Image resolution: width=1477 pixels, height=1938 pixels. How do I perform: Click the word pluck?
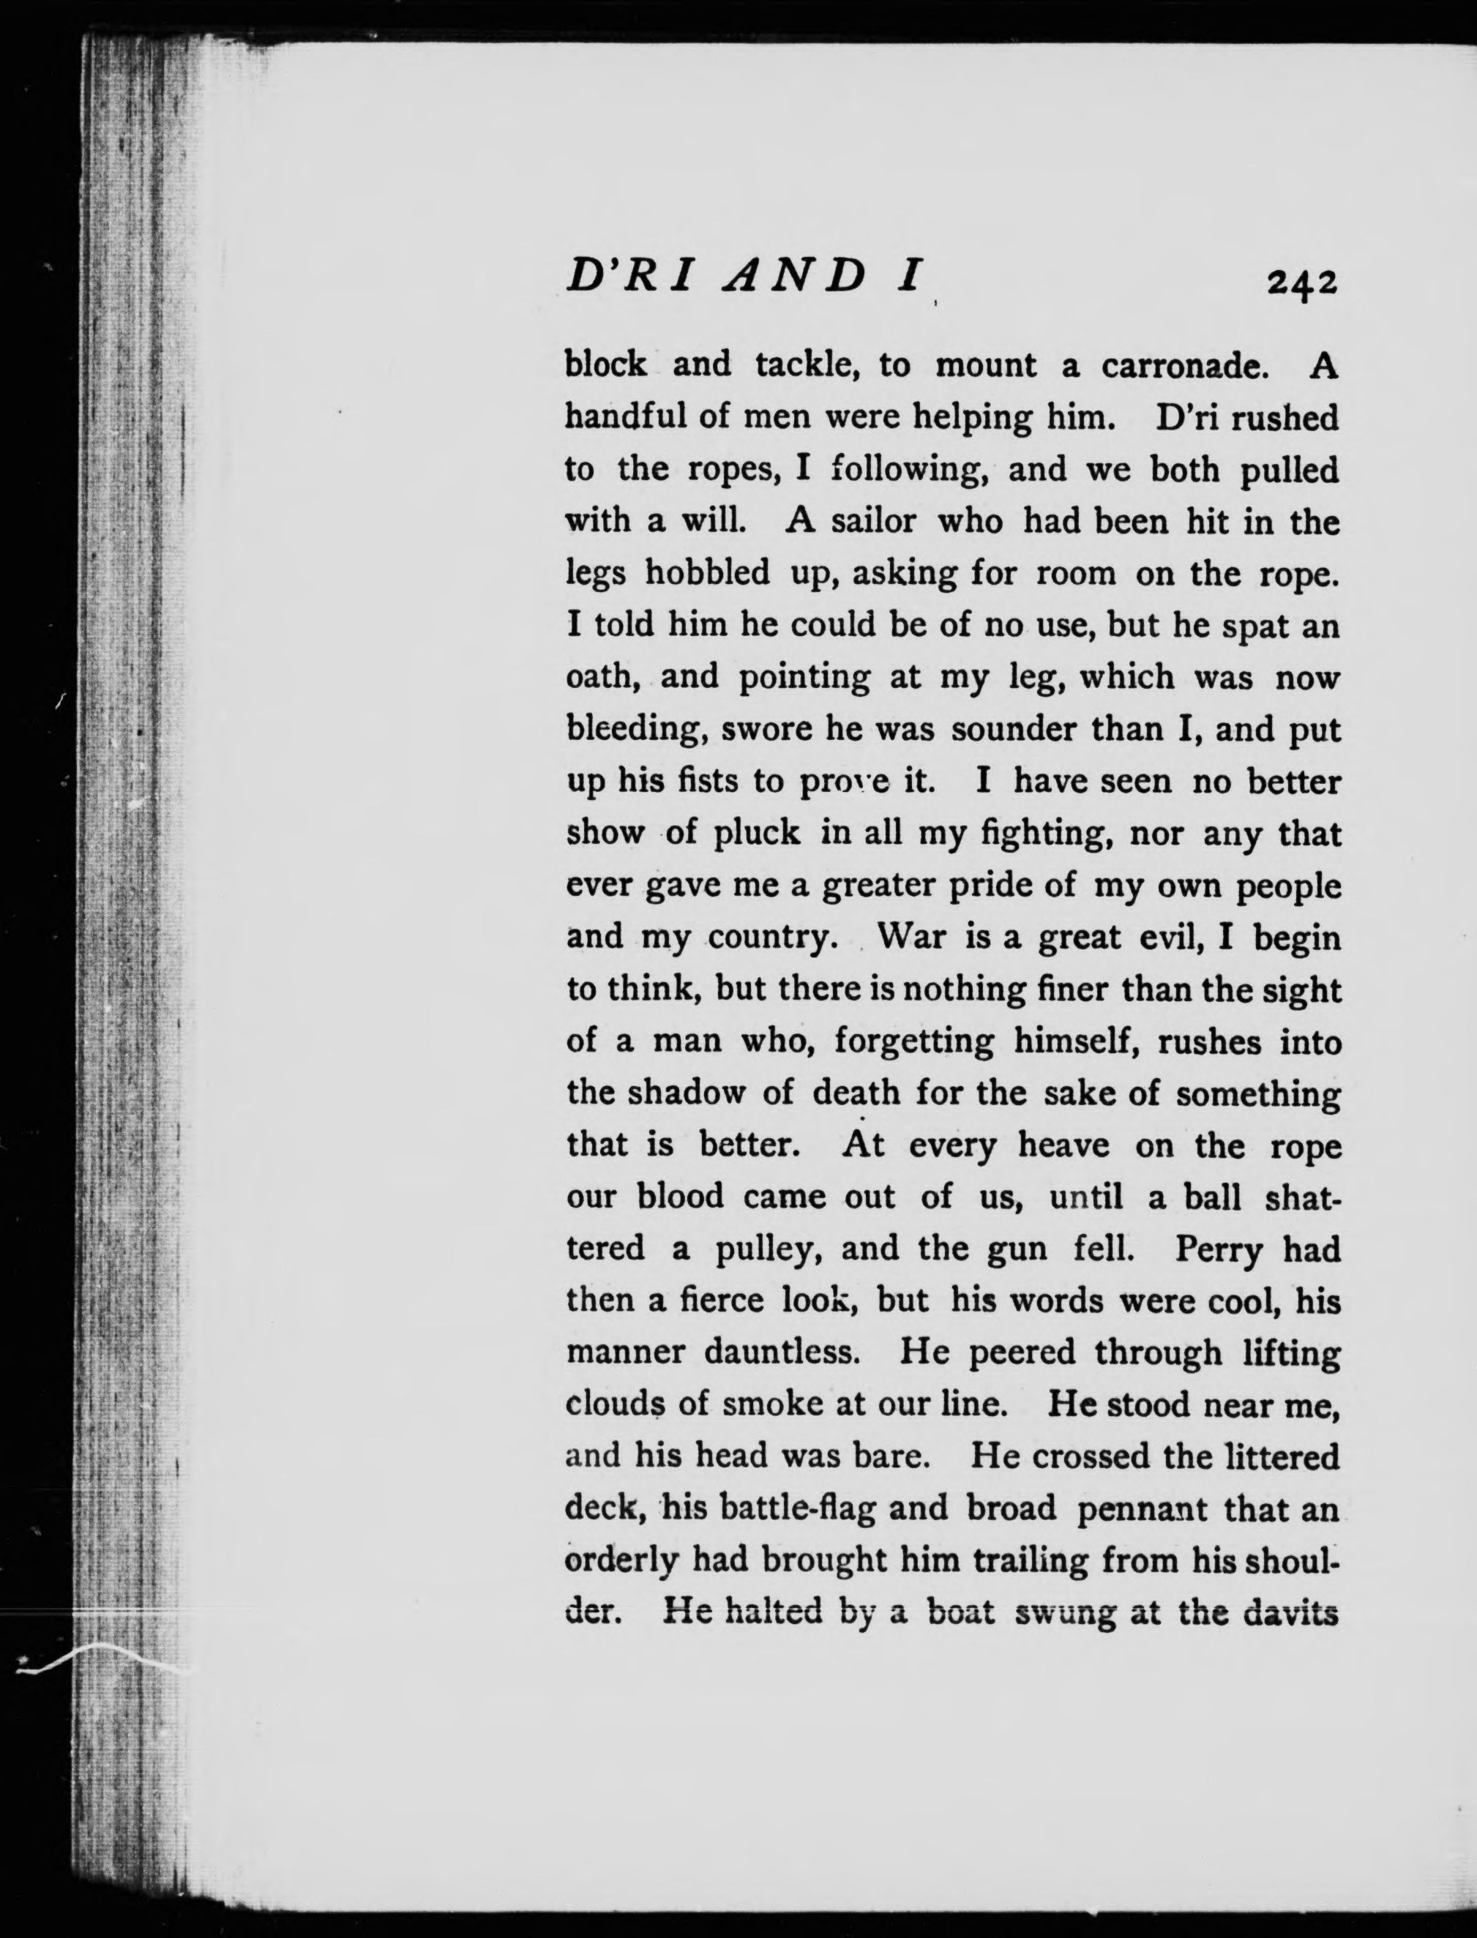pyautogui.click(x=756, y=833)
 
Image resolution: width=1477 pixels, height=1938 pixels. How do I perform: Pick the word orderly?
pyautogui.click(x=622, y=1561)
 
